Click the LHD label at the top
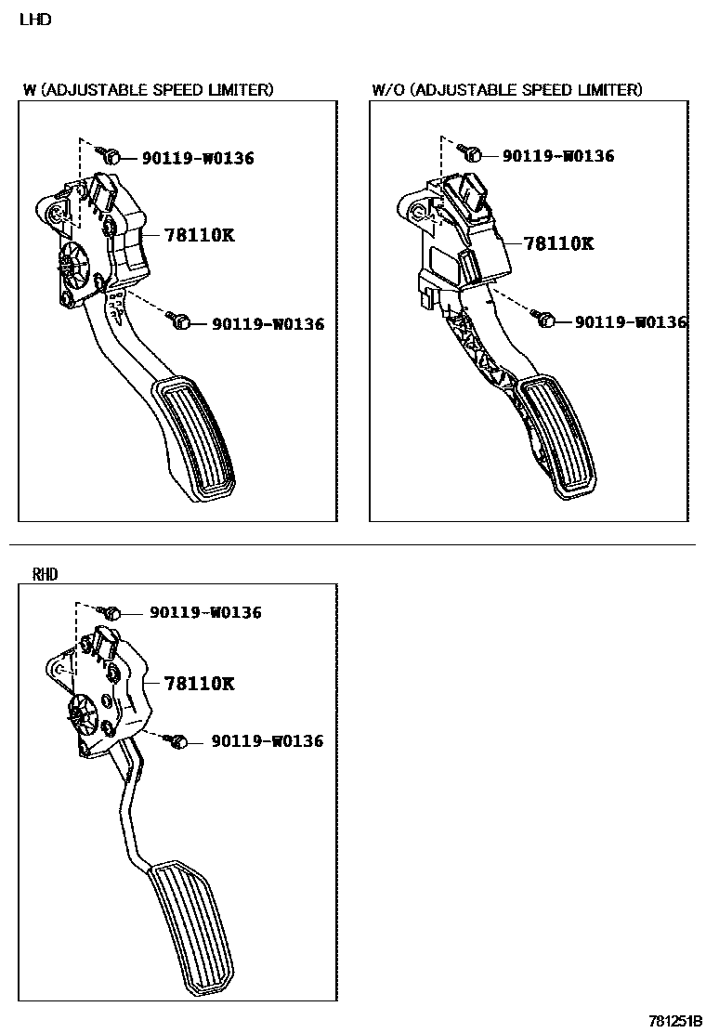(34, 20)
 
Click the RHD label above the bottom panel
(45, 575)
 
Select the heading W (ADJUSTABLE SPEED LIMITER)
(149, 90)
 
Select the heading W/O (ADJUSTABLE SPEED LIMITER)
(506, 90)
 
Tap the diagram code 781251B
(675, 1020)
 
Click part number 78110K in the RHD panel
(199, 684)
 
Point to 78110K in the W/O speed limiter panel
(558, 243)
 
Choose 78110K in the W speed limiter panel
(199, 235)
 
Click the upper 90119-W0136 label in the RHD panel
(205, 613)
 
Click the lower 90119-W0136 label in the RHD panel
(268, 741)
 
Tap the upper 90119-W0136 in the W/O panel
(558, 156)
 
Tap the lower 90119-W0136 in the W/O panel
(630, 322)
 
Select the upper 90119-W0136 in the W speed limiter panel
(198, 159)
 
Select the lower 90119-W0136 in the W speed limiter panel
(268, 324)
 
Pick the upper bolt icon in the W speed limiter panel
(109, 155)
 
